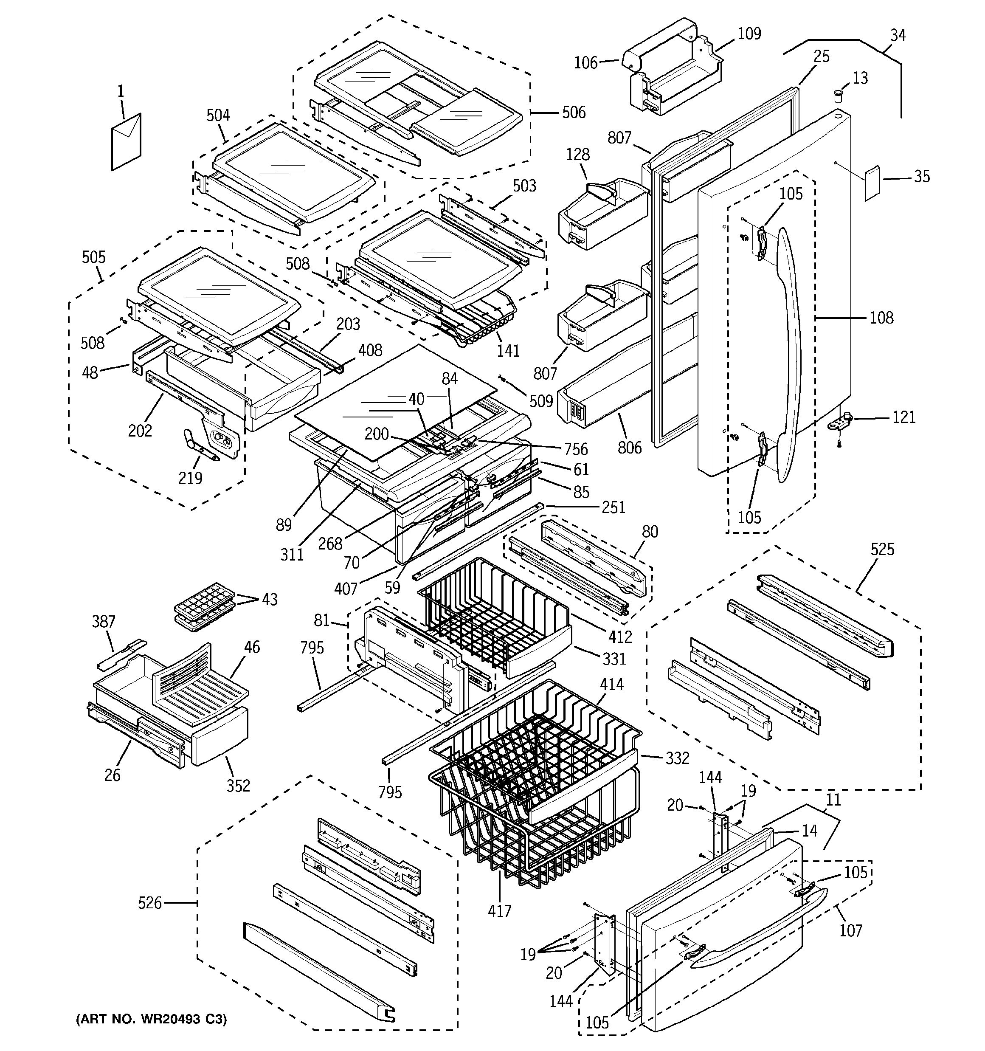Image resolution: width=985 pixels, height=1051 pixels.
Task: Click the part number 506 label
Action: pyautogui.click(x=573, y=112)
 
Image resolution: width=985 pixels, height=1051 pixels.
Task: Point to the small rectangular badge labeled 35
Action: pyautogui.click(x=872, y=183)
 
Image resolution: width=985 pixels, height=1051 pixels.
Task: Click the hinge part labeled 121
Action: pyautogui.click(x=840, y=422)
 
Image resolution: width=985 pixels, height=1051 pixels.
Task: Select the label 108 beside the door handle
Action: pyautogui.click(x=881, y=318)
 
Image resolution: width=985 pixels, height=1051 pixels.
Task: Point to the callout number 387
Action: pyautogui.click(x=104, y=621)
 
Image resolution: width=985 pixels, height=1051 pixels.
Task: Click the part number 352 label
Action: pyautogui.click(x=238, y=786)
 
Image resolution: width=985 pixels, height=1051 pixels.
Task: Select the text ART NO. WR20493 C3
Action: pyautogui.click(x=152, y=1019)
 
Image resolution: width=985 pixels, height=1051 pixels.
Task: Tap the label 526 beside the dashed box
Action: pyautogui.click(x=149, y=902)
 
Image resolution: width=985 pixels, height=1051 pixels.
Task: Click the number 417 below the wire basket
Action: pyautogui.click(x=500, y=911)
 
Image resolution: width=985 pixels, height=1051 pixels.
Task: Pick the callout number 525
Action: pyautogui.click(x=882, y=549)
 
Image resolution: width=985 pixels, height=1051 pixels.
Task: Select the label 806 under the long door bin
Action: pyautogui.click(x=629, y=447)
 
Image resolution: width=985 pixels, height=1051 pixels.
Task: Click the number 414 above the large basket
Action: pyautogui.click(x=612, y=685)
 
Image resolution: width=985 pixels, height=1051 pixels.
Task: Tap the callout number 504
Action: pyautogui.click(x=218, y=115)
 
